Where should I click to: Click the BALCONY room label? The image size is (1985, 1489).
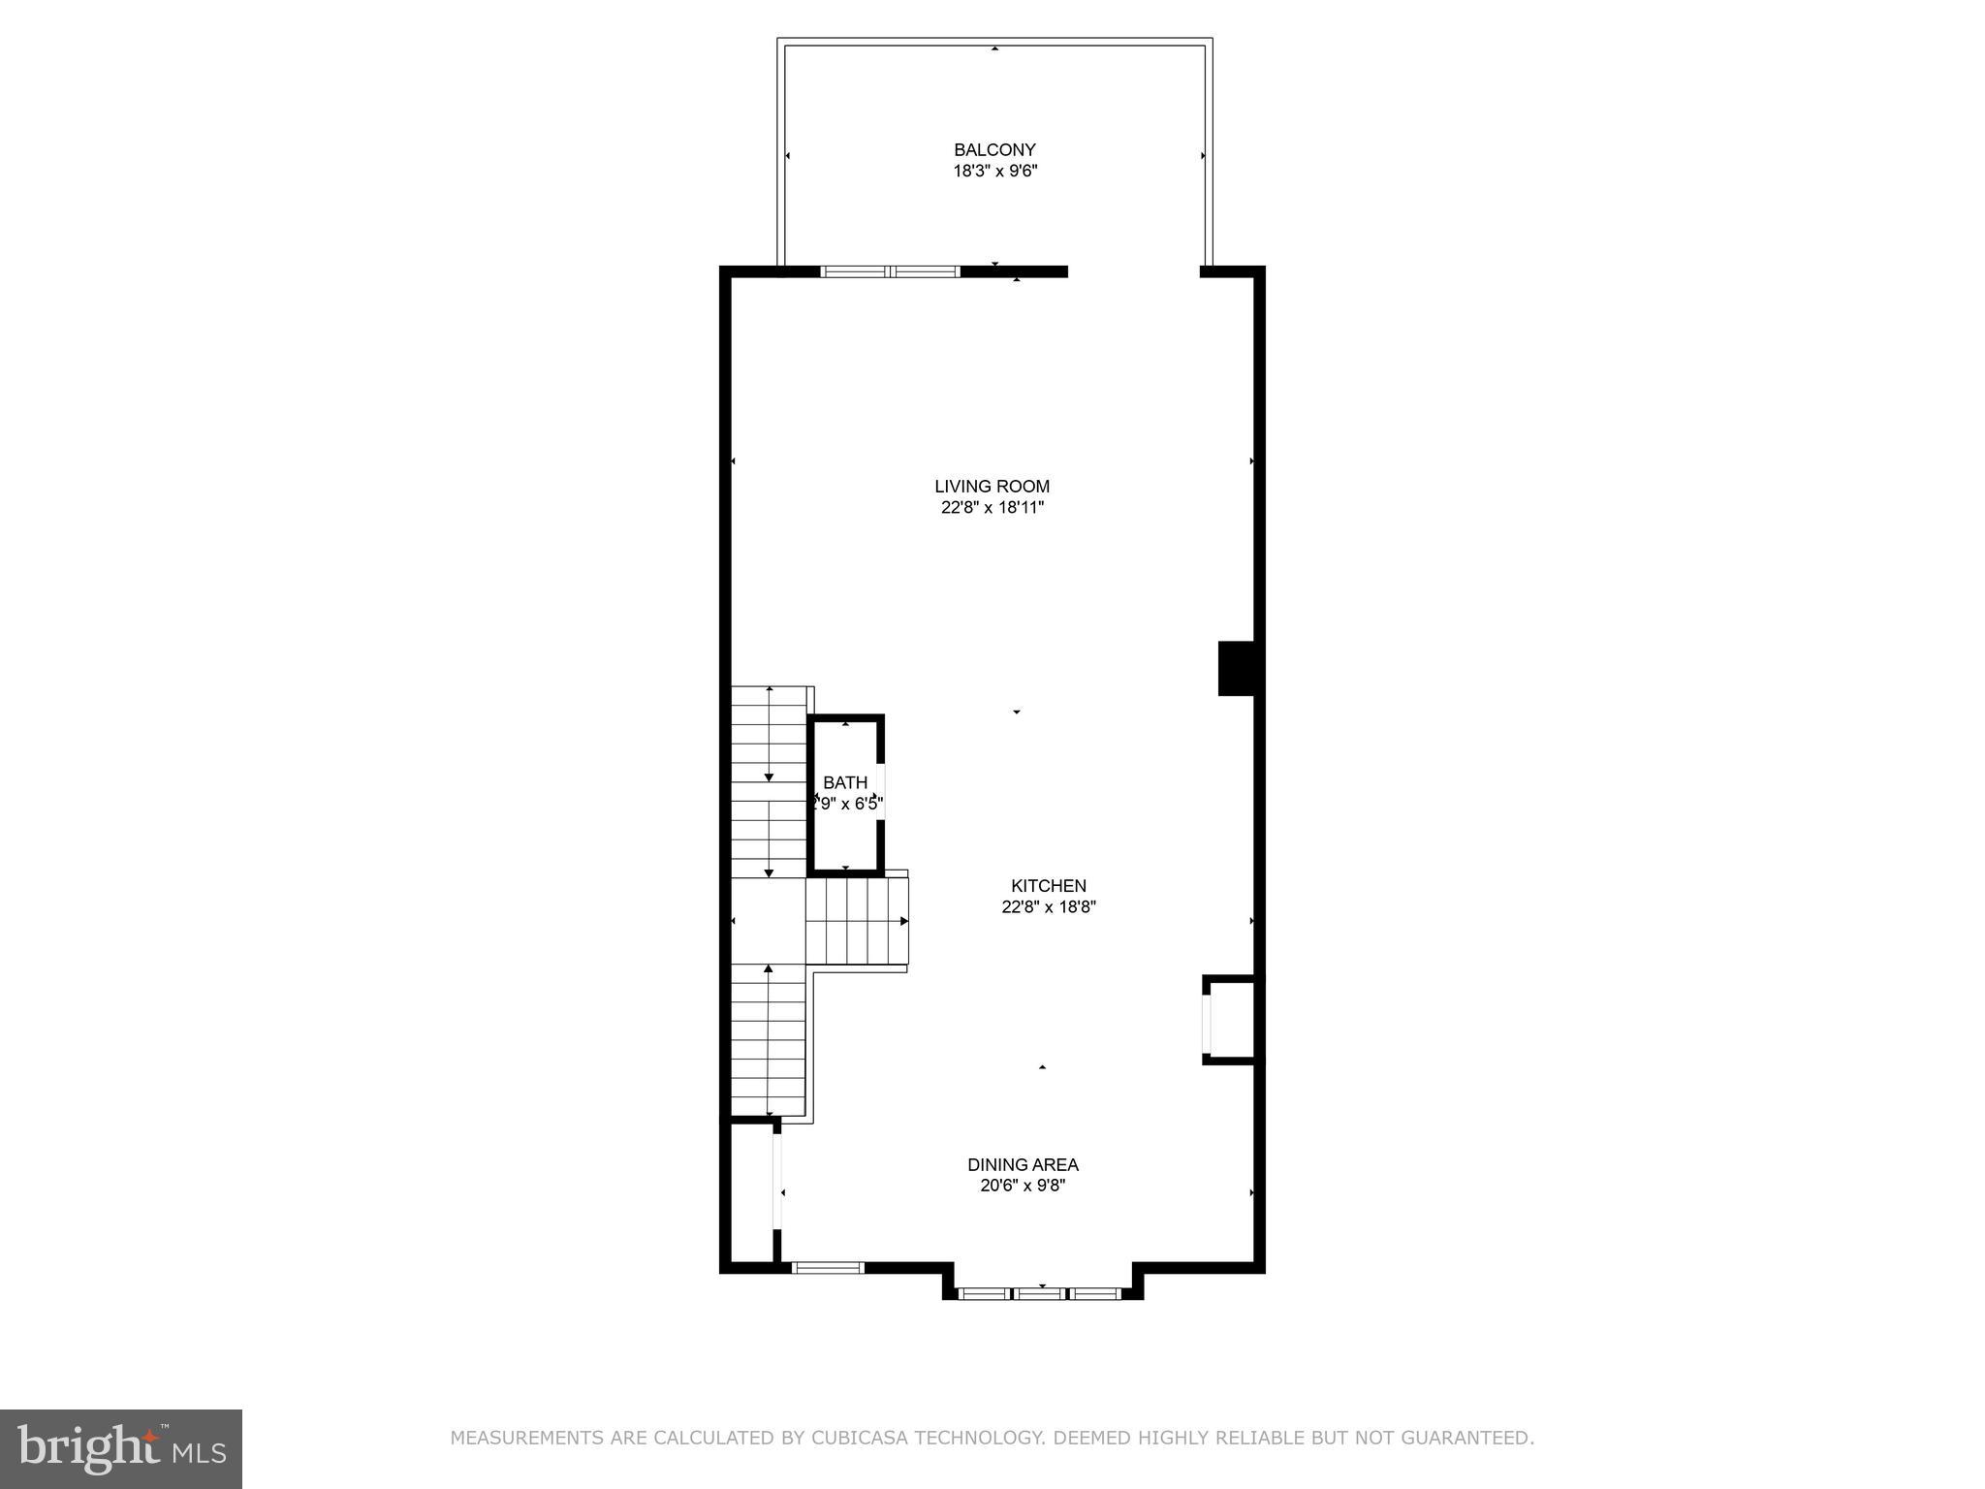pyautogui.click(x=994, y=150)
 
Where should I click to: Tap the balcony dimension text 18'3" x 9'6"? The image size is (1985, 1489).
pyautogui.click(x=994, y=172)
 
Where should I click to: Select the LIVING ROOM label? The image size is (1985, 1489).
pyautogui.click(x=992, y=487)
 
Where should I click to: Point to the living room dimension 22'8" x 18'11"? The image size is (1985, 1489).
pyautogui.click(x=992, y=508)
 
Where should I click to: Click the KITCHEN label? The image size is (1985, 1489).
pyautogui.click(x=1048, y=886)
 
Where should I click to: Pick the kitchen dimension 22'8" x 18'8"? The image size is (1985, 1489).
pyautogui.click(x=1048, y=907)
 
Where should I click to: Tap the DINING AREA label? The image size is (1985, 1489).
pyautogui.click(x=1023, y=1165)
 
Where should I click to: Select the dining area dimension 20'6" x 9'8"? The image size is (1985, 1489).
pyautogui.click(x=1023, y=1186)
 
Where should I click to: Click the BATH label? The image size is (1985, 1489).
pyautogui.click(x=845, y=783)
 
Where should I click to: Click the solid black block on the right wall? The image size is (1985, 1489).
pyautogui.click(x=1237, y=668)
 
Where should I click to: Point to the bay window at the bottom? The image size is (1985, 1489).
pyautogui.click(x=1040, y=1293)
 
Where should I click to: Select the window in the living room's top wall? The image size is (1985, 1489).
pyautogui.click(x=890, y=272)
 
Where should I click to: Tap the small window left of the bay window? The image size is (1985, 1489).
pyautogui.click(x=828, y=1267)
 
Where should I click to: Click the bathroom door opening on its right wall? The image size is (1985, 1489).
pyautogui.click(x=881, y=792)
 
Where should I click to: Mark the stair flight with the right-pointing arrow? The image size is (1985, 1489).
pyautogui.click(x=857, y=920)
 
